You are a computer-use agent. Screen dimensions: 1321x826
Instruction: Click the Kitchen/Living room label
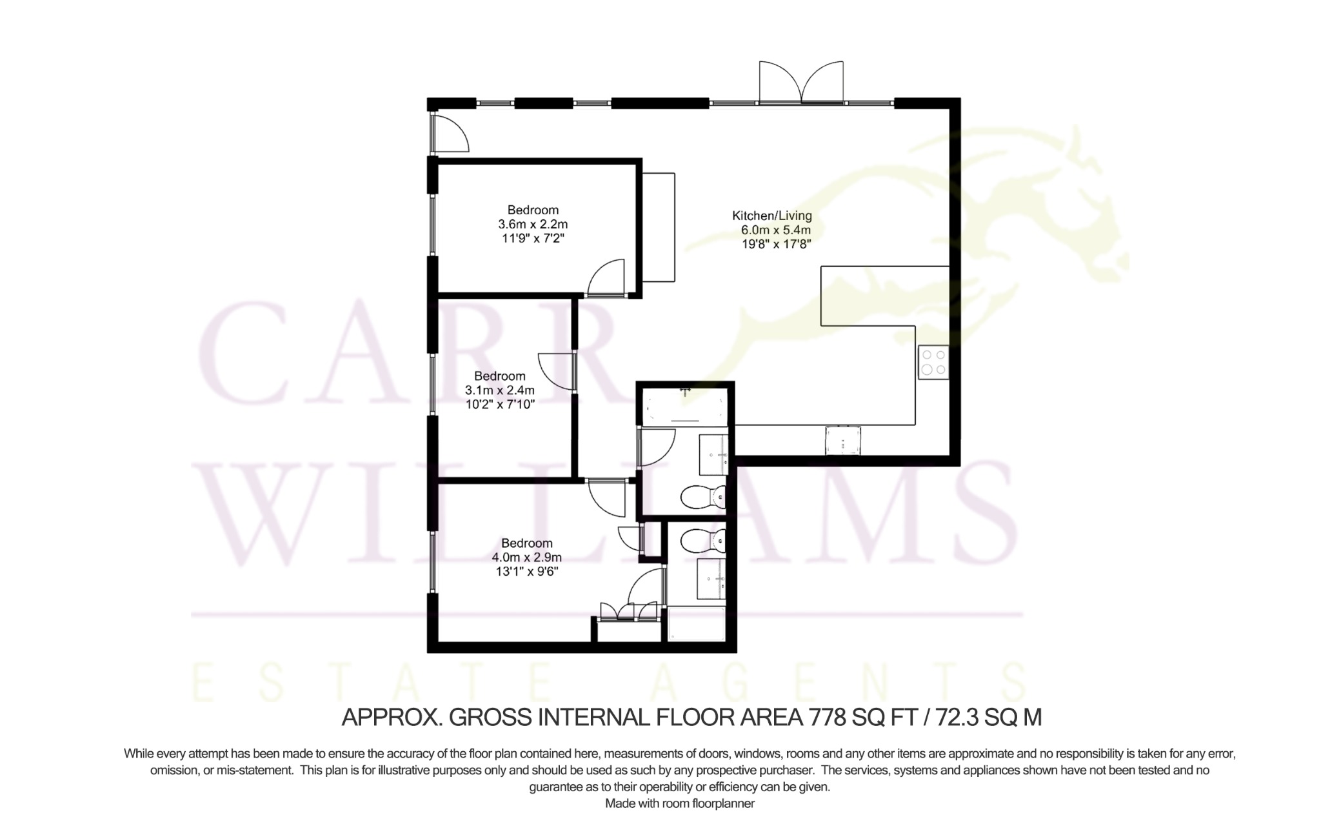772,216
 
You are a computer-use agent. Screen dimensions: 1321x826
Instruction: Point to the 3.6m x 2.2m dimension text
533,225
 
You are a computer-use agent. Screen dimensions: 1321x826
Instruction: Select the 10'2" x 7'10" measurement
500,405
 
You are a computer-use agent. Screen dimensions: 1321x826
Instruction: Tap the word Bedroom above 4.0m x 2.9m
527,543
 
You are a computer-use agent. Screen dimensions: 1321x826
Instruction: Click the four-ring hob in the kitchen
933,362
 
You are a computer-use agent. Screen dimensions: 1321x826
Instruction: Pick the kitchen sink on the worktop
843,440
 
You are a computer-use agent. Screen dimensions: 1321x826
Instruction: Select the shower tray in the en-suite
697,623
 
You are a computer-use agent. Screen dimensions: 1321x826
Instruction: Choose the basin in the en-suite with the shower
712,579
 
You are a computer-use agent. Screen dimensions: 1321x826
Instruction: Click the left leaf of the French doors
780,82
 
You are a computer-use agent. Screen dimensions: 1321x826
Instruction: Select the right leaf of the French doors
822,82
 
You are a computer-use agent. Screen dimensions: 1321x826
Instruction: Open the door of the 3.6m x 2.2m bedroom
607,277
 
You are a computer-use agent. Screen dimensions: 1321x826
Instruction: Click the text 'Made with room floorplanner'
680,803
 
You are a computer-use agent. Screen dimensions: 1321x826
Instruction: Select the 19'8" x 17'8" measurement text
776,244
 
